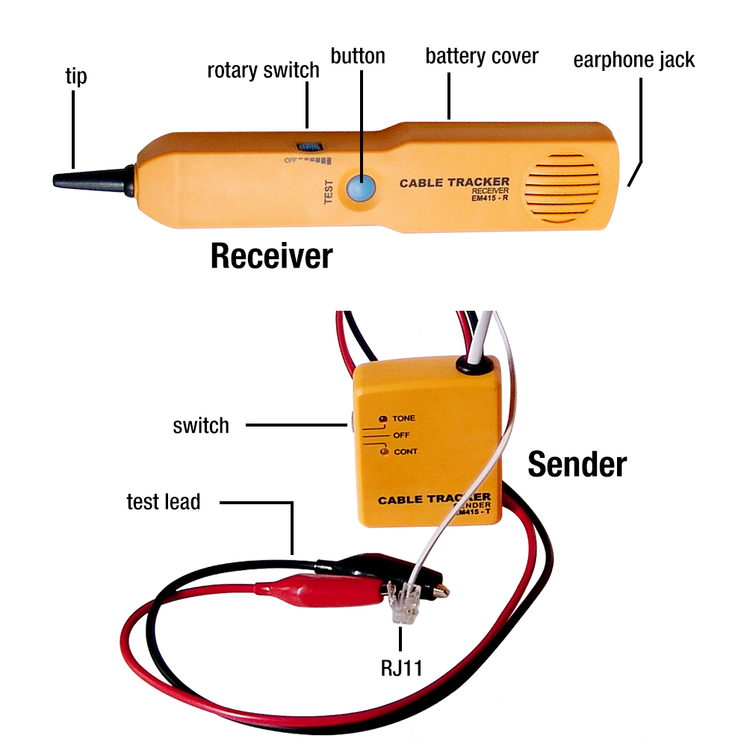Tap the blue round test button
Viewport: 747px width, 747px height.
point(360,187)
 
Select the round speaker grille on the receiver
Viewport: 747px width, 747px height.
point(565,187)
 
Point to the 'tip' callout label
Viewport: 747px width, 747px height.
point(75,76)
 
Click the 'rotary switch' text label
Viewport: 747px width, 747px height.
point(263,70)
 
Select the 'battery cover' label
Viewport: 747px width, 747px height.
point(482,56)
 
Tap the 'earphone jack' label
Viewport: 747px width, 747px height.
point(634,60)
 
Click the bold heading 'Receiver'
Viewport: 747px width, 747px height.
point(271,255)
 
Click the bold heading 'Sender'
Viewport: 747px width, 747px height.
point(577,465)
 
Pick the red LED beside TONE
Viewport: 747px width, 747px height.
point(383,418)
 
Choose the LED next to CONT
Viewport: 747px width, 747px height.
point(383,451)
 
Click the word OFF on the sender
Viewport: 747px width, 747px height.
point(401,435)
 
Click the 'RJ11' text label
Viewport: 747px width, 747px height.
point(400,666)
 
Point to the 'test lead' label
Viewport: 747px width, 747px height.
point(164,502)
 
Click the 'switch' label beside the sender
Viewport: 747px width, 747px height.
point(200,426)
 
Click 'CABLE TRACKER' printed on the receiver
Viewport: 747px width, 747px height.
point(454,182)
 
